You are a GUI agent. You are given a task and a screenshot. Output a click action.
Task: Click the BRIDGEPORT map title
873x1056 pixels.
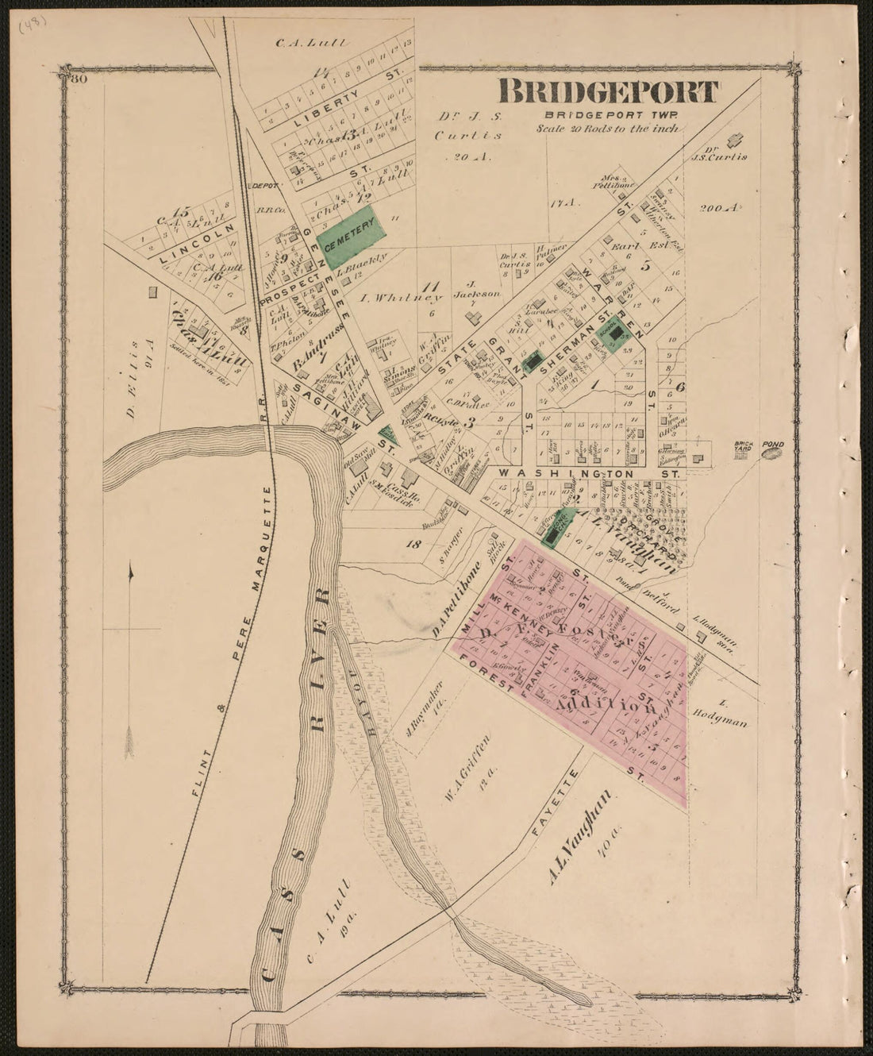click(608, 92)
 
